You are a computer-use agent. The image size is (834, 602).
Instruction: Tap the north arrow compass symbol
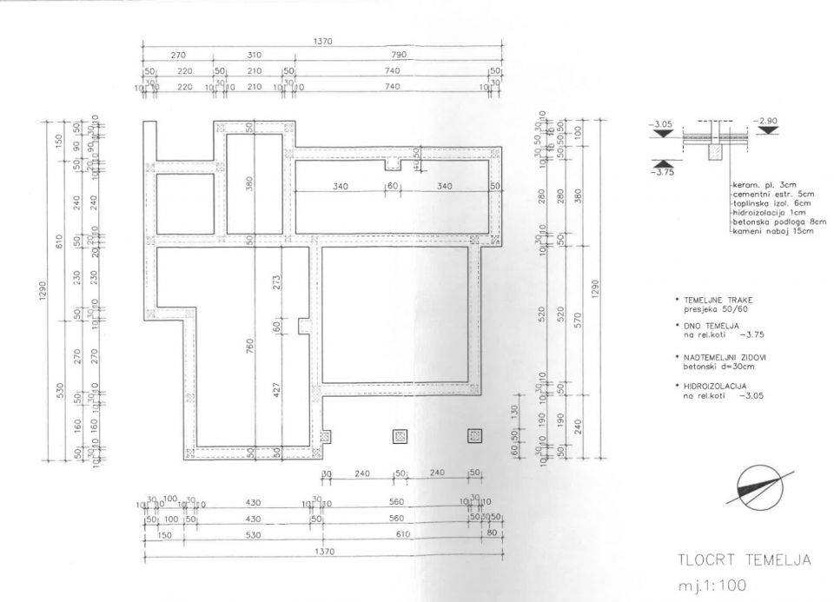(x=764, y=485)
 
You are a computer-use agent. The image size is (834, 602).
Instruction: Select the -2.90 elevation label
(x=769, y=120)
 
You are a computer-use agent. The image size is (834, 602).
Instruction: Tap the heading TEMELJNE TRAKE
(x=712, y=299)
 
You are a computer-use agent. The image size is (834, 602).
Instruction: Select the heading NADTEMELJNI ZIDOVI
(x=718, y=357)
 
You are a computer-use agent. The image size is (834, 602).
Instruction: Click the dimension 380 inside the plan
(x=250, y=185)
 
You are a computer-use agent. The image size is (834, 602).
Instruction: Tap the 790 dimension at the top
(x=397, y=55)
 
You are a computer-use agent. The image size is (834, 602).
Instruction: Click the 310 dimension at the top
(x=253, y=55)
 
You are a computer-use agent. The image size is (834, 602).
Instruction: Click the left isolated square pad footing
(x=400, y=435)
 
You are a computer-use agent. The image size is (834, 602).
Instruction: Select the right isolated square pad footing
(x=474, y=435)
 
